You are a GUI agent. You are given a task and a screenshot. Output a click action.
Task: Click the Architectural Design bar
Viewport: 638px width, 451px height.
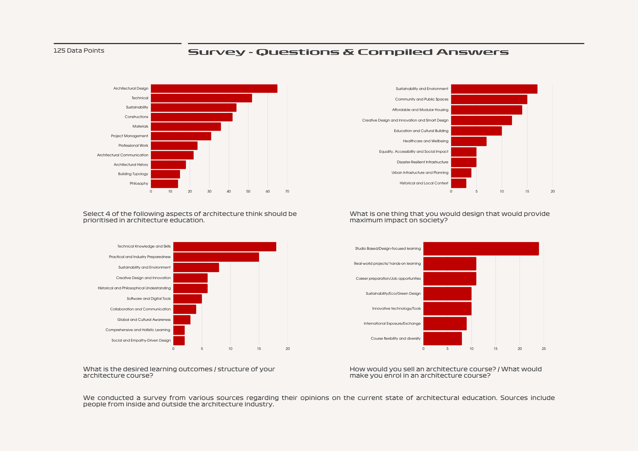tap(214, 88)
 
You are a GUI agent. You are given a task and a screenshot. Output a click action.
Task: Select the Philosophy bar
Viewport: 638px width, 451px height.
tap(164, 183)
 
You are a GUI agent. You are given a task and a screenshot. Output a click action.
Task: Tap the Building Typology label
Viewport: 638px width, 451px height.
tap(133, 174)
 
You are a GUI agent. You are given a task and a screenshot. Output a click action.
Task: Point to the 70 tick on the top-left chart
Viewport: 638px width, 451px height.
tap(287, 191)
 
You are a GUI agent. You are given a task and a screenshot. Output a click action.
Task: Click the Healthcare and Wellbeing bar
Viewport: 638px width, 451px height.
tap(469, 141)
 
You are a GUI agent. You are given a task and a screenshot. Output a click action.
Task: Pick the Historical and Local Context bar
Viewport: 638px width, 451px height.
tap(459, 183)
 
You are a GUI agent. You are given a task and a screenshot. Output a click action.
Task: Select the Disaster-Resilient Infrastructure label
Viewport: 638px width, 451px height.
tap(422, 162)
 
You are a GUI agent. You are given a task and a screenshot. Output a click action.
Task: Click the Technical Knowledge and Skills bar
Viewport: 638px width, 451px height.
tap(225, 247)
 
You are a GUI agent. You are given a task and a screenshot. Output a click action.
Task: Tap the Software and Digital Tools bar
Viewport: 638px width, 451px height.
tap(187, 299)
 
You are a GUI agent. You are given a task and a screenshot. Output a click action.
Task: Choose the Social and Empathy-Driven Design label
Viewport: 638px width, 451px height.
tap(141, 340)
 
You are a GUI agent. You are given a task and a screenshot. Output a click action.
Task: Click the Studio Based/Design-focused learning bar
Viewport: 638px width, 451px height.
tap(481, 249)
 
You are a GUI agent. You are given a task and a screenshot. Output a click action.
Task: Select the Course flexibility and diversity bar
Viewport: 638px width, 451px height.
tap(442, 338)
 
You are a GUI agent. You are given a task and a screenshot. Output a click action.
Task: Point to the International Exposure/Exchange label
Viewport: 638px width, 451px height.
tap(392, 323)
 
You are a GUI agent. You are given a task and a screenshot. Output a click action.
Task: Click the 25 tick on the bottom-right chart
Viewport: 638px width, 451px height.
tap(544, 349)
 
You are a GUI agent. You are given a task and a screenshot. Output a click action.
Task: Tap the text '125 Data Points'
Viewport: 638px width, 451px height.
tap(79, 51)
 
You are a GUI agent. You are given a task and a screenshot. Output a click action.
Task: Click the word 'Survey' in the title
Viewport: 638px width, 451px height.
tap(216, 52)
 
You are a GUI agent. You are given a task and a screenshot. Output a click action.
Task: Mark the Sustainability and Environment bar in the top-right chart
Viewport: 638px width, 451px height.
tap(494, 89)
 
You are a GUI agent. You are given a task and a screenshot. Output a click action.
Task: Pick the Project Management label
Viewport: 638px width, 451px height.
tap(129, 136)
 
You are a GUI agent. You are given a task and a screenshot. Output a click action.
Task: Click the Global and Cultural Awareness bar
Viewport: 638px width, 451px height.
tap(182, 320)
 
